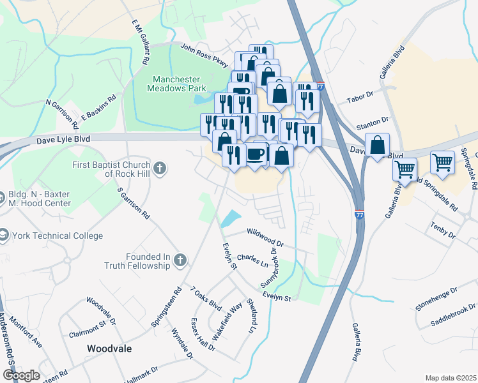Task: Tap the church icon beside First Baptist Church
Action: point(160,169)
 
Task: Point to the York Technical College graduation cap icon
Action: point(4,236)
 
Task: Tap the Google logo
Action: point(20,375)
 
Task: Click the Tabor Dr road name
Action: point(360,97)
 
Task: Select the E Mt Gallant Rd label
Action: point(140,41)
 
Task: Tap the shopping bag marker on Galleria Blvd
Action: point(378,145)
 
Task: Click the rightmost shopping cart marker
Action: point(442,163)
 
